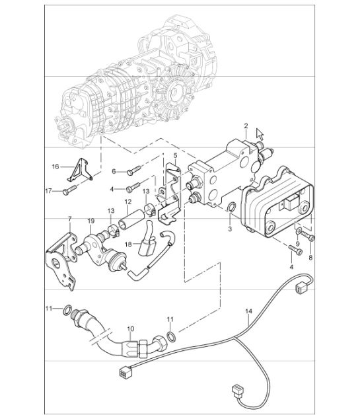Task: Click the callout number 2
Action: (x=246, y=126)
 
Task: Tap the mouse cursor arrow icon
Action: (x=260, y=134)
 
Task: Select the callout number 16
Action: (x=55, y=167)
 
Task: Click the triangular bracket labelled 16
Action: (x=79, y=170)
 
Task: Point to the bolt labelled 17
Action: (x=69, y=190)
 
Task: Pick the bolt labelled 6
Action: (x=134, y=170)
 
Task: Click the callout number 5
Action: (x=175, y=155)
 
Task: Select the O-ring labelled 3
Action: (x=232, y=207)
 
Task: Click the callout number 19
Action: (x=90, y=221)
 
